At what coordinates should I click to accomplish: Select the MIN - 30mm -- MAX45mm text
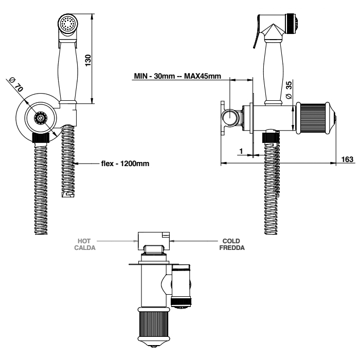[x=177, y=76]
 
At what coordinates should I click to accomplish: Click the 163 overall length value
[x=348, y=159]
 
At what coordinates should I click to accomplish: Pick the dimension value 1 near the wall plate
[x=241, y=151]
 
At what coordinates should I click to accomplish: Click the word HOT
[x=84, y=241]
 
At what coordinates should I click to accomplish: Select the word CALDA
[x=84, y=247]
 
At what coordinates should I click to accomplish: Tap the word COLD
[x=231, y=241]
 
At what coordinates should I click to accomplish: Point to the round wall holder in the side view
[x=231, y=119]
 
